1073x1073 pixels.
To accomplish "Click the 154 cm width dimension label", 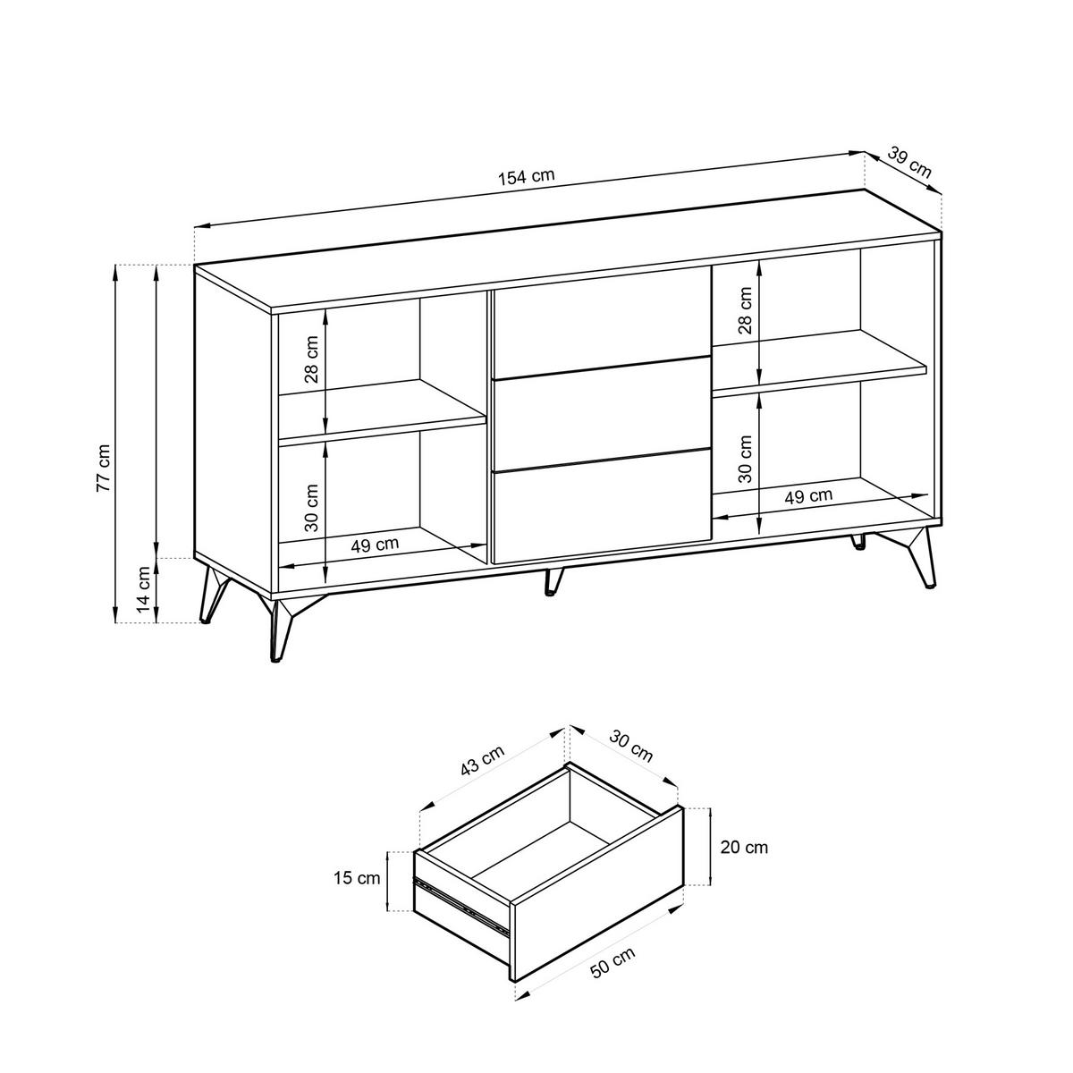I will coord(527,176).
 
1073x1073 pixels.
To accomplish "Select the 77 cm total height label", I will coord(105,469).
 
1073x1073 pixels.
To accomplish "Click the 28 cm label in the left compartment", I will coord(311,359).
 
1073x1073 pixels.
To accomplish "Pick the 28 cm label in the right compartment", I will coord(745,311).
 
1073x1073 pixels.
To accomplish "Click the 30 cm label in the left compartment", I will coord(311,508).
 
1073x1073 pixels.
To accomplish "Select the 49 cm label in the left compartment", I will coord(375,543).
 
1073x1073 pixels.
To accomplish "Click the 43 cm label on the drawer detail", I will coord(482,762).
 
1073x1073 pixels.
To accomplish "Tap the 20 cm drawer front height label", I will coord(744,847).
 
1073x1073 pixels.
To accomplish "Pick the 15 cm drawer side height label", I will coord(357,878).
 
